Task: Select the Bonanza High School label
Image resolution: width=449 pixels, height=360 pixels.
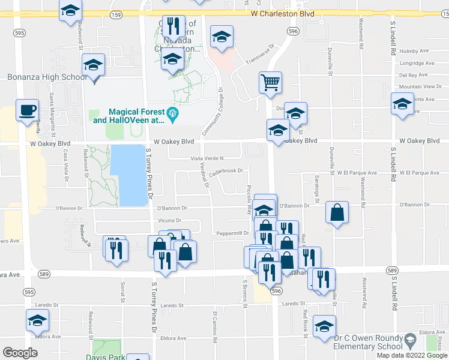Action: (47, 77)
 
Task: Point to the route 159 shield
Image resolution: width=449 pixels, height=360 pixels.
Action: (117, 14)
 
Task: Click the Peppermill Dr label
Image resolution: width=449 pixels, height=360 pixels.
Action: (232, 233)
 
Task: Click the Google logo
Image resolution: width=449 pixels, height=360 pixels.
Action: (20, 353)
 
